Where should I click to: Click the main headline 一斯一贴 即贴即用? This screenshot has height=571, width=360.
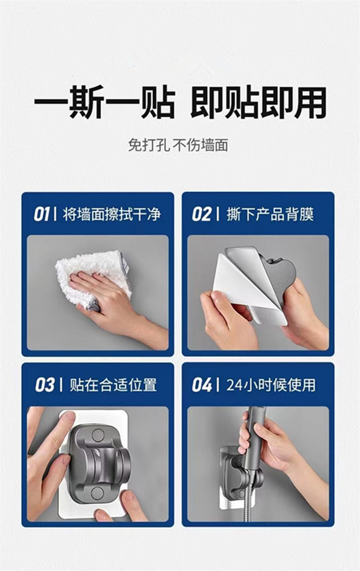[180, 103]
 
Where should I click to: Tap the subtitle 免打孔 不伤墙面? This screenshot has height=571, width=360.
[178, 144]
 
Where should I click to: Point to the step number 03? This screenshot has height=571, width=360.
[45, 385]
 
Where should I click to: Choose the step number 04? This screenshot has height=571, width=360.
[202, 385]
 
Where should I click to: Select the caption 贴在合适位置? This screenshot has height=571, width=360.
[113, 385]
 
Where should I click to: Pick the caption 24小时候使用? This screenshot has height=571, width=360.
[271, 385]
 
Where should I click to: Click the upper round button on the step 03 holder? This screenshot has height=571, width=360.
[98, 436]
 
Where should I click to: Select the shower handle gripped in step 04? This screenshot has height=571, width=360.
[254, 432]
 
